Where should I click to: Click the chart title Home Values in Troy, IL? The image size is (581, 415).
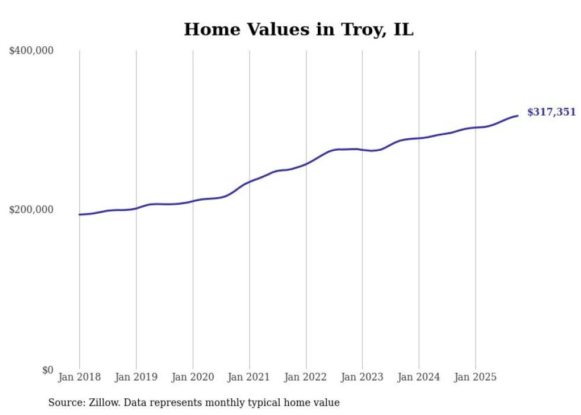(298, 29)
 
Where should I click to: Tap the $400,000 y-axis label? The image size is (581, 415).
(31, 51)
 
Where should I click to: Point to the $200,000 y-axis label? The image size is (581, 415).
(31, 210)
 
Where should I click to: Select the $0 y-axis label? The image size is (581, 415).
(47, 370)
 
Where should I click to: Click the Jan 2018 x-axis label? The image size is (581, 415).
(79, 377)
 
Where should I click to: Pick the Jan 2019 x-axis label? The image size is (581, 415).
(136, 377)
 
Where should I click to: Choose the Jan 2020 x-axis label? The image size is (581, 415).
(193, 377)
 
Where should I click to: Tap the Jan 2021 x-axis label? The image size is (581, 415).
(249, 377)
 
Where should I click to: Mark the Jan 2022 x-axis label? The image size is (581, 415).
(306, 377)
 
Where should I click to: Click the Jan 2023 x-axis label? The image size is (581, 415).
(362, 377)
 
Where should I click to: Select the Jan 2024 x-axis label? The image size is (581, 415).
(419, 377)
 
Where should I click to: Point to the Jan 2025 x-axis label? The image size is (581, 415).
(475, 377)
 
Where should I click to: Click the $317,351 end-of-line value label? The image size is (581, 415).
(551, 112)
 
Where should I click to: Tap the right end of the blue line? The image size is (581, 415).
(518, 116)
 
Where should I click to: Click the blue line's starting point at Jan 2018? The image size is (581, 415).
(80, 214)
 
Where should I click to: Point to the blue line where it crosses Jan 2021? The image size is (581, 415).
(250, 182)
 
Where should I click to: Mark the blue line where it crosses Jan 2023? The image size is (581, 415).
(362, 150)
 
